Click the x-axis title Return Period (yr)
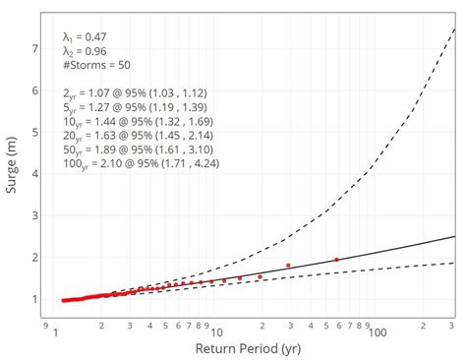tap(248, 348)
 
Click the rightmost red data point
tap(336, 260)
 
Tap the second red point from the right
tap(288, 266)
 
